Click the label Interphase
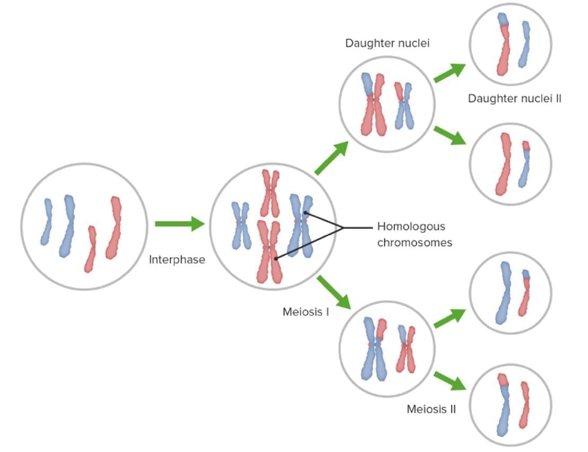(x=177, y=260)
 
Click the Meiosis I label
(x=306, y=311)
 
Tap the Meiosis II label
(x=431, y=409)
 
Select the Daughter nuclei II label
(x=514, y=98)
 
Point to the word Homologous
(x=411, y=227)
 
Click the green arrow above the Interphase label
(x=179, y=224)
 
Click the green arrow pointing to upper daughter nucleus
(x=332, y=158)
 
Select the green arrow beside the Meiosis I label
(x=334, y=292)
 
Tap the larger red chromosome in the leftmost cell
(x=114, y=228)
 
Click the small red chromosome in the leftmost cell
(x=91, y=249)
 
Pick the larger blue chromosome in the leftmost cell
(x=68, y=225)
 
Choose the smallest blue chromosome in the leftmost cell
(x=47, y=222)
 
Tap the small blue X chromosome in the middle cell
(x=241, y=225)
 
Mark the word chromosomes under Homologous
(x=414, y=243)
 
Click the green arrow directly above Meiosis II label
(x=449, y=381)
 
